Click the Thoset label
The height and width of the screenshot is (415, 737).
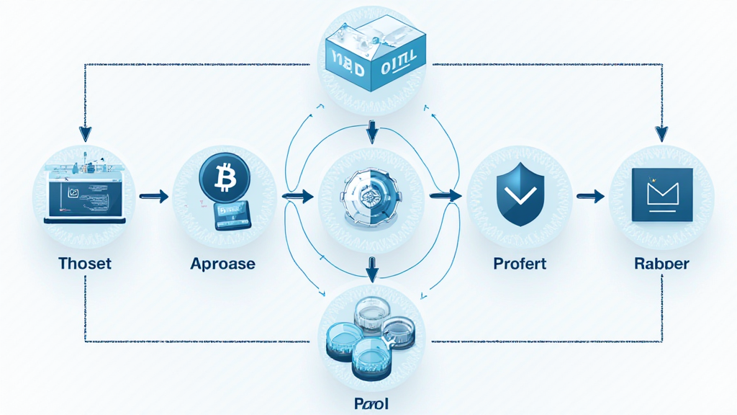click(85, 263)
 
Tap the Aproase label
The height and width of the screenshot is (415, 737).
click(222, 264)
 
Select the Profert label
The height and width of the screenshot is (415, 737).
click(520, 264)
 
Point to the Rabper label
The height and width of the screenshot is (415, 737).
click(661, 264)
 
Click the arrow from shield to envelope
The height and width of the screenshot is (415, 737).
click(590, 195)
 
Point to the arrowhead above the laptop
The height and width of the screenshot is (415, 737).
click(86, 133)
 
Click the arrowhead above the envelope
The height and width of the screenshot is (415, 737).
click(661, 134)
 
